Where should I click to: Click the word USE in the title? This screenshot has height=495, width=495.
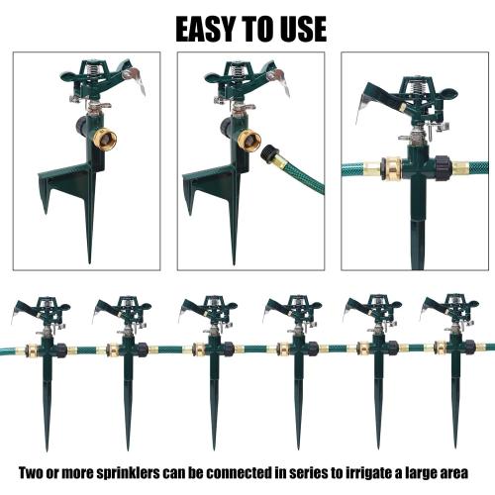(300, 27)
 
